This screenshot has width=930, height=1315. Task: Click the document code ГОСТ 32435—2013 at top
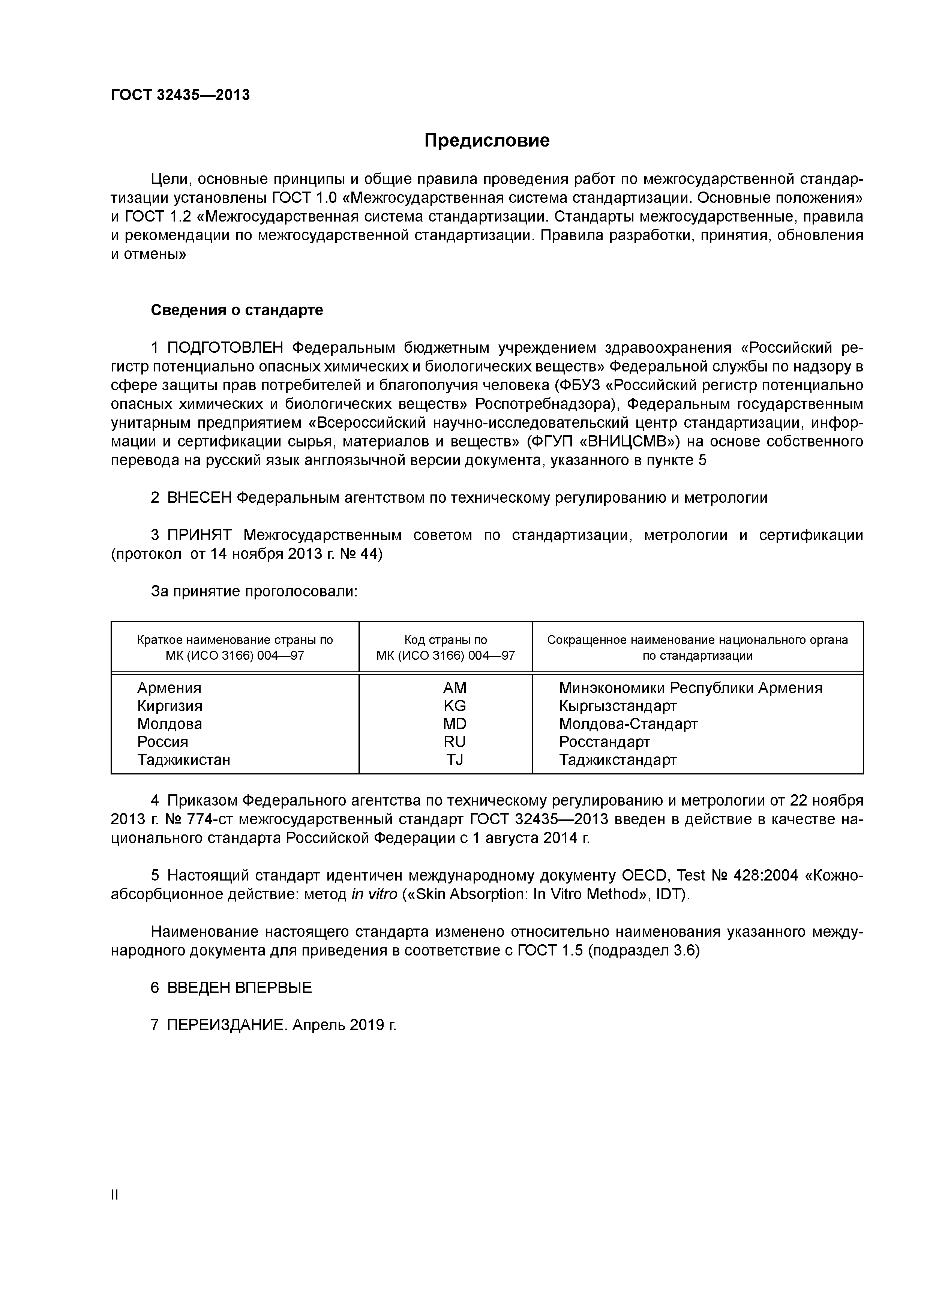180,95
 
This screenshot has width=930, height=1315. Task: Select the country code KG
454,705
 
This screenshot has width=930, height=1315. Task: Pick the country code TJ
454,760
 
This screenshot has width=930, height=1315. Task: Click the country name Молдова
169,724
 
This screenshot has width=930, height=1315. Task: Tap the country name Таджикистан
183,760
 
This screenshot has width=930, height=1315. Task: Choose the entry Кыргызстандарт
618,705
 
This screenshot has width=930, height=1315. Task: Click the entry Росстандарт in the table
604,742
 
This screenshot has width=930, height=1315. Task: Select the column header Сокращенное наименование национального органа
697,640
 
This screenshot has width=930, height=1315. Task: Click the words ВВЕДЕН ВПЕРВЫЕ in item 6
240,987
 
